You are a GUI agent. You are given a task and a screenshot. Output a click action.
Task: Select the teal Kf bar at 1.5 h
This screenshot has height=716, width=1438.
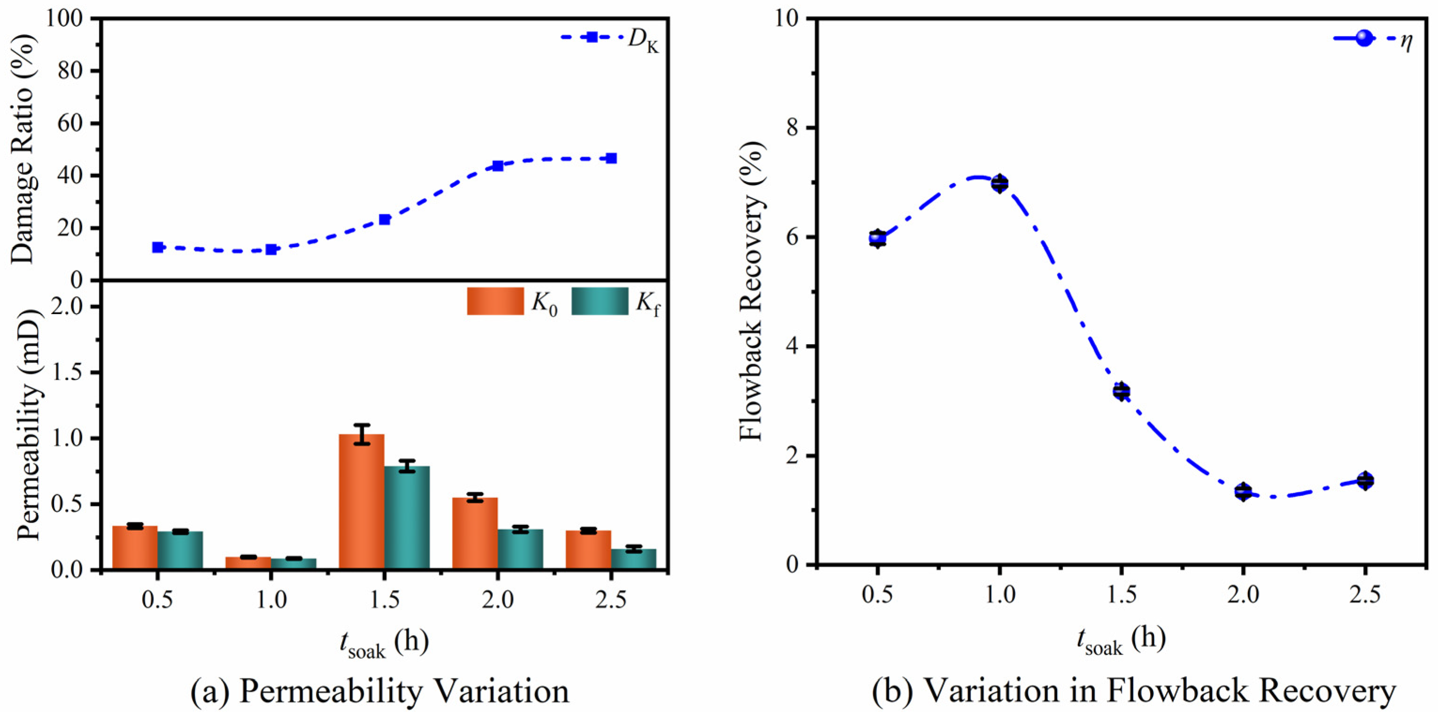pyautogui.click(x=407, y=518)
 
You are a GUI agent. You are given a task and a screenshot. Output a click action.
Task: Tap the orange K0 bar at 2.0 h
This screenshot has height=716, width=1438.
pyautogui.click(x=475, y=533)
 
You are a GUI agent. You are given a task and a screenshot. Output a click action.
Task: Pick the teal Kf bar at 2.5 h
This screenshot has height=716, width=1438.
pyautogui.click(x=634, y=559)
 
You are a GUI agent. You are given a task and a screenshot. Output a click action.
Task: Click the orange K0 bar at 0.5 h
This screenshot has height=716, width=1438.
pyautogui.click(x=135, y=547)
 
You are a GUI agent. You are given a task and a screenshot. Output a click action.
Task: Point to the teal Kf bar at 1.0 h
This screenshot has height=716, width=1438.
pyautogui.click(x=293, y=564)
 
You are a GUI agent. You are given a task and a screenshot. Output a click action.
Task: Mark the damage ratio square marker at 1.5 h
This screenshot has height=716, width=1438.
pyautogui.click(x=384, y=219)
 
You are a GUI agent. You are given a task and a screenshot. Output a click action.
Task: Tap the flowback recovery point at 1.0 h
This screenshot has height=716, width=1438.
pyautogui.click(x=1000, y=183)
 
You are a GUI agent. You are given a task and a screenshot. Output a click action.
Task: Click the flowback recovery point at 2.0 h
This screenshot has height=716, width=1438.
pyautogui.click(x=1243, y=492)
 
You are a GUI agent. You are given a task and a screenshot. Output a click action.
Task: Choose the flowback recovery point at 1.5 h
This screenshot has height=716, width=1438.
pyautogui.click(x=1122, y=391)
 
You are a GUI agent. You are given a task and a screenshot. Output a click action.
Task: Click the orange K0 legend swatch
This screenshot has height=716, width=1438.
pyautogui.click(x=495, y=301)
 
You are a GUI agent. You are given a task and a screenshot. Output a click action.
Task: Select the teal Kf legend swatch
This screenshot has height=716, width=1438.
pyautogui.click(x=600, y=301)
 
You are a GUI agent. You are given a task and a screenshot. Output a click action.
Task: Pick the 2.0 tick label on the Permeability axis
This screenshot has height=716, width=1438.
pyautogui.click(x=70, y=307)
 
